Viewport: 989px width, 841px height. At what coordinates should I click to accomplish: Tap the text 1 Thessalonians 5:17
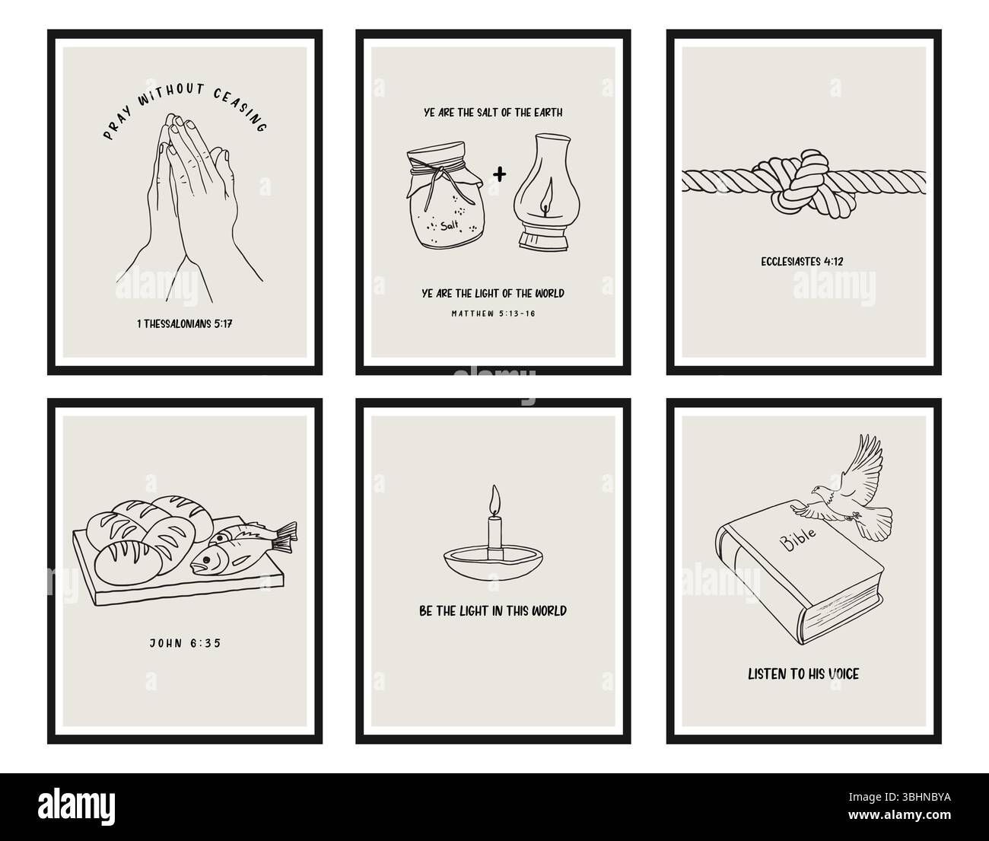pos(185,323)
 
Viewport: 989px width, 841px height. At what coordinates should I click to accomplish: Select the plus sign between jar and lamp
pos(499,174)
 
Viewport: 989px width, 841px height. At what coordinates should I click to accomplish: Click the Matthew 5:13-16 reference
pos(494,312)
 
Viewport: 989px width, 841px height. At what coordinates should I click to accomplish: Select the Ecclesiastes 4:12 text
pos(802,262)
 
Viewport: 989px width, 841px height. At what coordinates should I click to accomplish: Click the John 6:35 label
pos(185,643)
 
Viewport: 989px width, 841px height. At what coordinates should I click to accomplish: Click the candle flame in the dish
pos(494,500)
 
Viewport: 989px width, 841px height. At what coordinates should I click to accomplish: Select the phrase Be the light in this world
pos(493,610)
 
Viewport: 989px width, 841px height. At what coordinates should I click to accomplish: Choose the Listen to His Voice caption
pos(803,674)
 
